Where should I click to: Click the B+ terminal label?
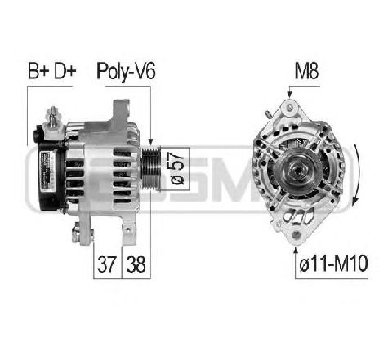38,72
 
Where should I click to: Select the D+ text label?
65,72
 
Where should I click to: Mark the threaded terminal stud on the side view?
53,116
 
